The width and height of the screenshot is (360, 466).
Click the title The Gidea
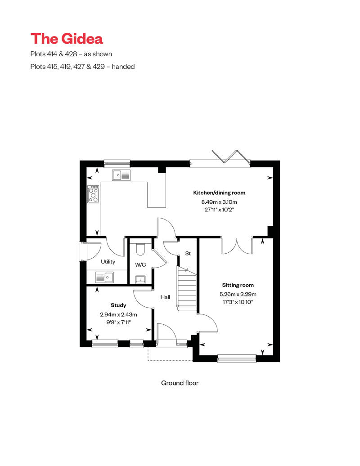pos(67,39)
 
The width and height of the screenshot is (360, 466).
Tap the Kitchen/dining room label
pos(219,193)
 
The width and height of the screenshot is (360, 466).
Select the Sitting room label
pos(238,285)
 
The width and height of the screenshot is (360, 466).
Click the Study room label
pos(118,305)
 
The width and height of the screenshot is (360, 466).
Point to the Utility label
pos(108,261)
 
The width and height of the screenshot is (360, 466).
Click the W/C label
pos(140,264)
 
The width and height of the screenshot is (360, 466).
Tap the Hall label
pos(165,297)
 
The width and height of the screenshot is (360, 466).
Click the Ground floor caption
pos(180,383)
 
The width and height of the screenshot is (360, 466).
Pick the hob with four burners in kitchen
pos(94,195)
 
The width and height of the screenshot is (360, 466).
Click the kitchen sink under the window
pos(121,175)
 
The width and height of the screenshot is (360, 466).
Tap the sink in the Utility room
pos(104,277)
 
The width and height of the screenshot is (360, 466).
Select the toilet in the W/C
pos(140,249)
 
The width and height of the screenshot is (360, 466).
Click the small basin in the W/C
pos(140,279)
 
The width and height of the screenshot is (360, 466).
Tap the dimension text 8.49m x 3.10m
pos(219,202)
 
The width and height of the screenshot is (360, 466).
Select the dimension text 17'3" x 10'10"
pos(238,302)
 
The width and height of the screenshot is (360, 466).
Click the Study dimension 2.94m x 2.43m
pos(118,314)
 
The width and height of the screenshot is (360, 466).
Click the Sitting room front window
pos(237,358)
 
